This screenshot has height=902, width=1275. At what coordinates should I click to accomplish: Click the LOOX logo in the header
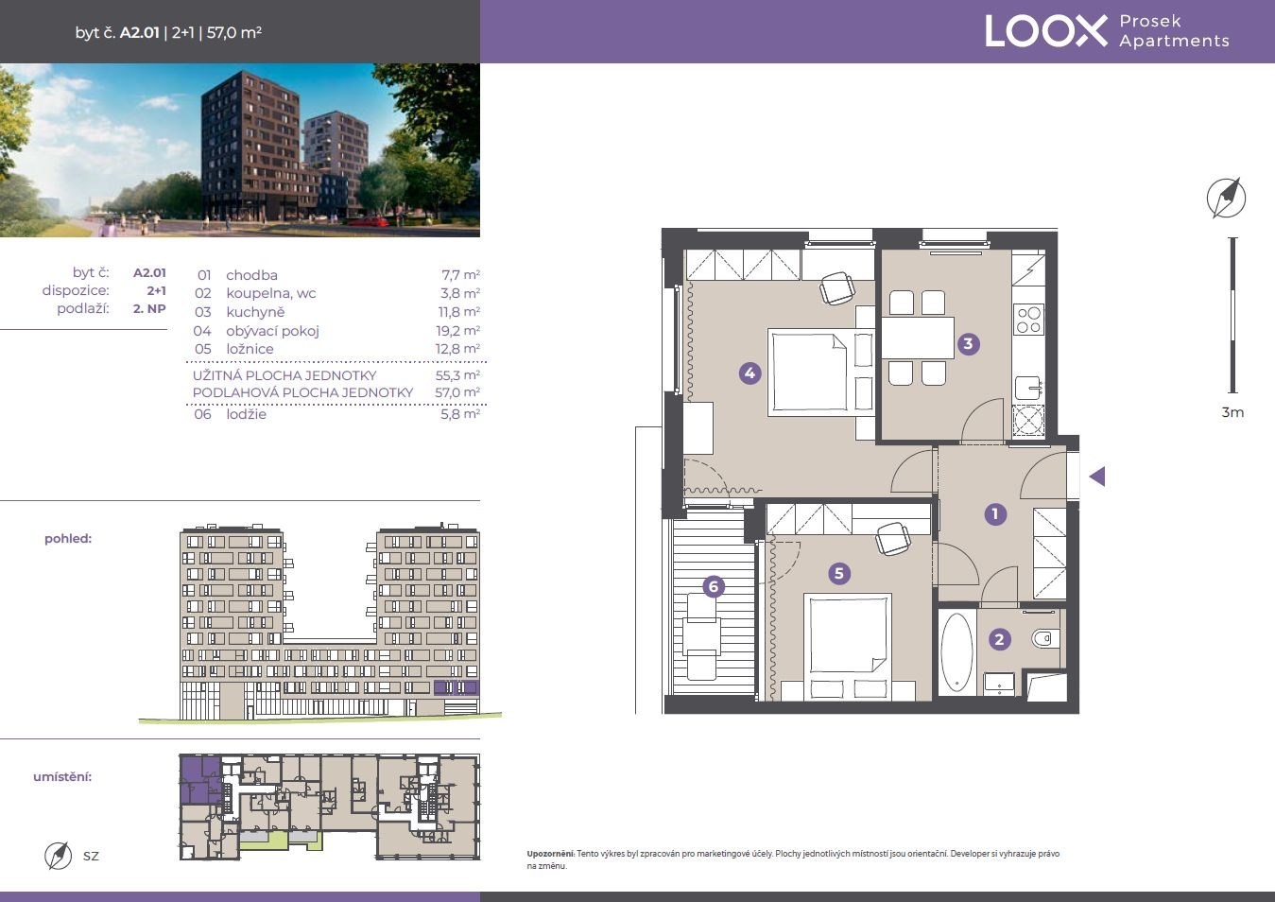pos(1046,31)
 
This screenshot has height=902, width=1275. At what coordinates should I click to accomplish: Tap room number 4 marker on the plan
pos(749,373)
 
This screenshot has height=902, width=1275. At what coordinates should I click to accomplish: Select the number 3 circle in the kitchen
pos(968,343)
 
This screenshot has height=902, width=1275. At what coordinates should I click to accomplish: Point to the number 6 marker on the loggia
pos(714,586)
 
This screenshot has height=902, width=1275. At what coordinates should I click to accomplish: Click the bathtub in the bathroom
pos(956,652)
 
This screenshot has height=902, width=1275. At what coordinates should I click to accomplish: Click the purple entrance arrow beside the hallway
pos(1097,477)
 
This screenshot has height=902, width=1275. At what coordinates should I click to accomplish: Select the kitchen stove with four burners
pos(1028,320)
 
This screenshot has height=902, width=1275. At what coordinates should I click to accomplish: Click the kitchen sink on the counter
pos(1029,388)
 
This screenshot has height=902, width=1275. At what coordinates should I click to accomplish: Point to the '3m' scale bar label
pos(1232,412)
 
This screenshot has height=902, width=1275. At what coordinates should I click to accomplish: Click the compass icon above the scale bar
pos(1226,199)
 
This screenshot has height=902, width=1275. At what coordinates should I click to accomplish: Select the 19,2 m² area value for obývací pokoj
pos(457,331)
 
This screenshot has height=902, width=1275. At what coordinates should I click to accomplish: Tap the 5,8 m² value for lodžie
pos(460,414)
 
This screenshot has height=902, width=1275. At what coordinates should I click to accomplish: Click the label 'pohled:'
pos(68,539)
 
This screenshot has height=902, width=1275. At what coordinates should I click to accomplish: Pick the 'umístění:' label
pos(62,777)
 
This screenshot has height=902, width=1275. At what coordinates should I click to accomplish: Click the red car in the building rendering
pos(373,221)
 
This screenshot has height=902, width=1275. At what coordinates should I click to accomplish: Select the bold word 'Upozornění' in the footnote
pos(551,854)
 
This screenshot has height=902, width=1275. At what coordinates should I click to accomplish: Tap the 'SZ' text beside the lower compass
pos(91,856)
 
